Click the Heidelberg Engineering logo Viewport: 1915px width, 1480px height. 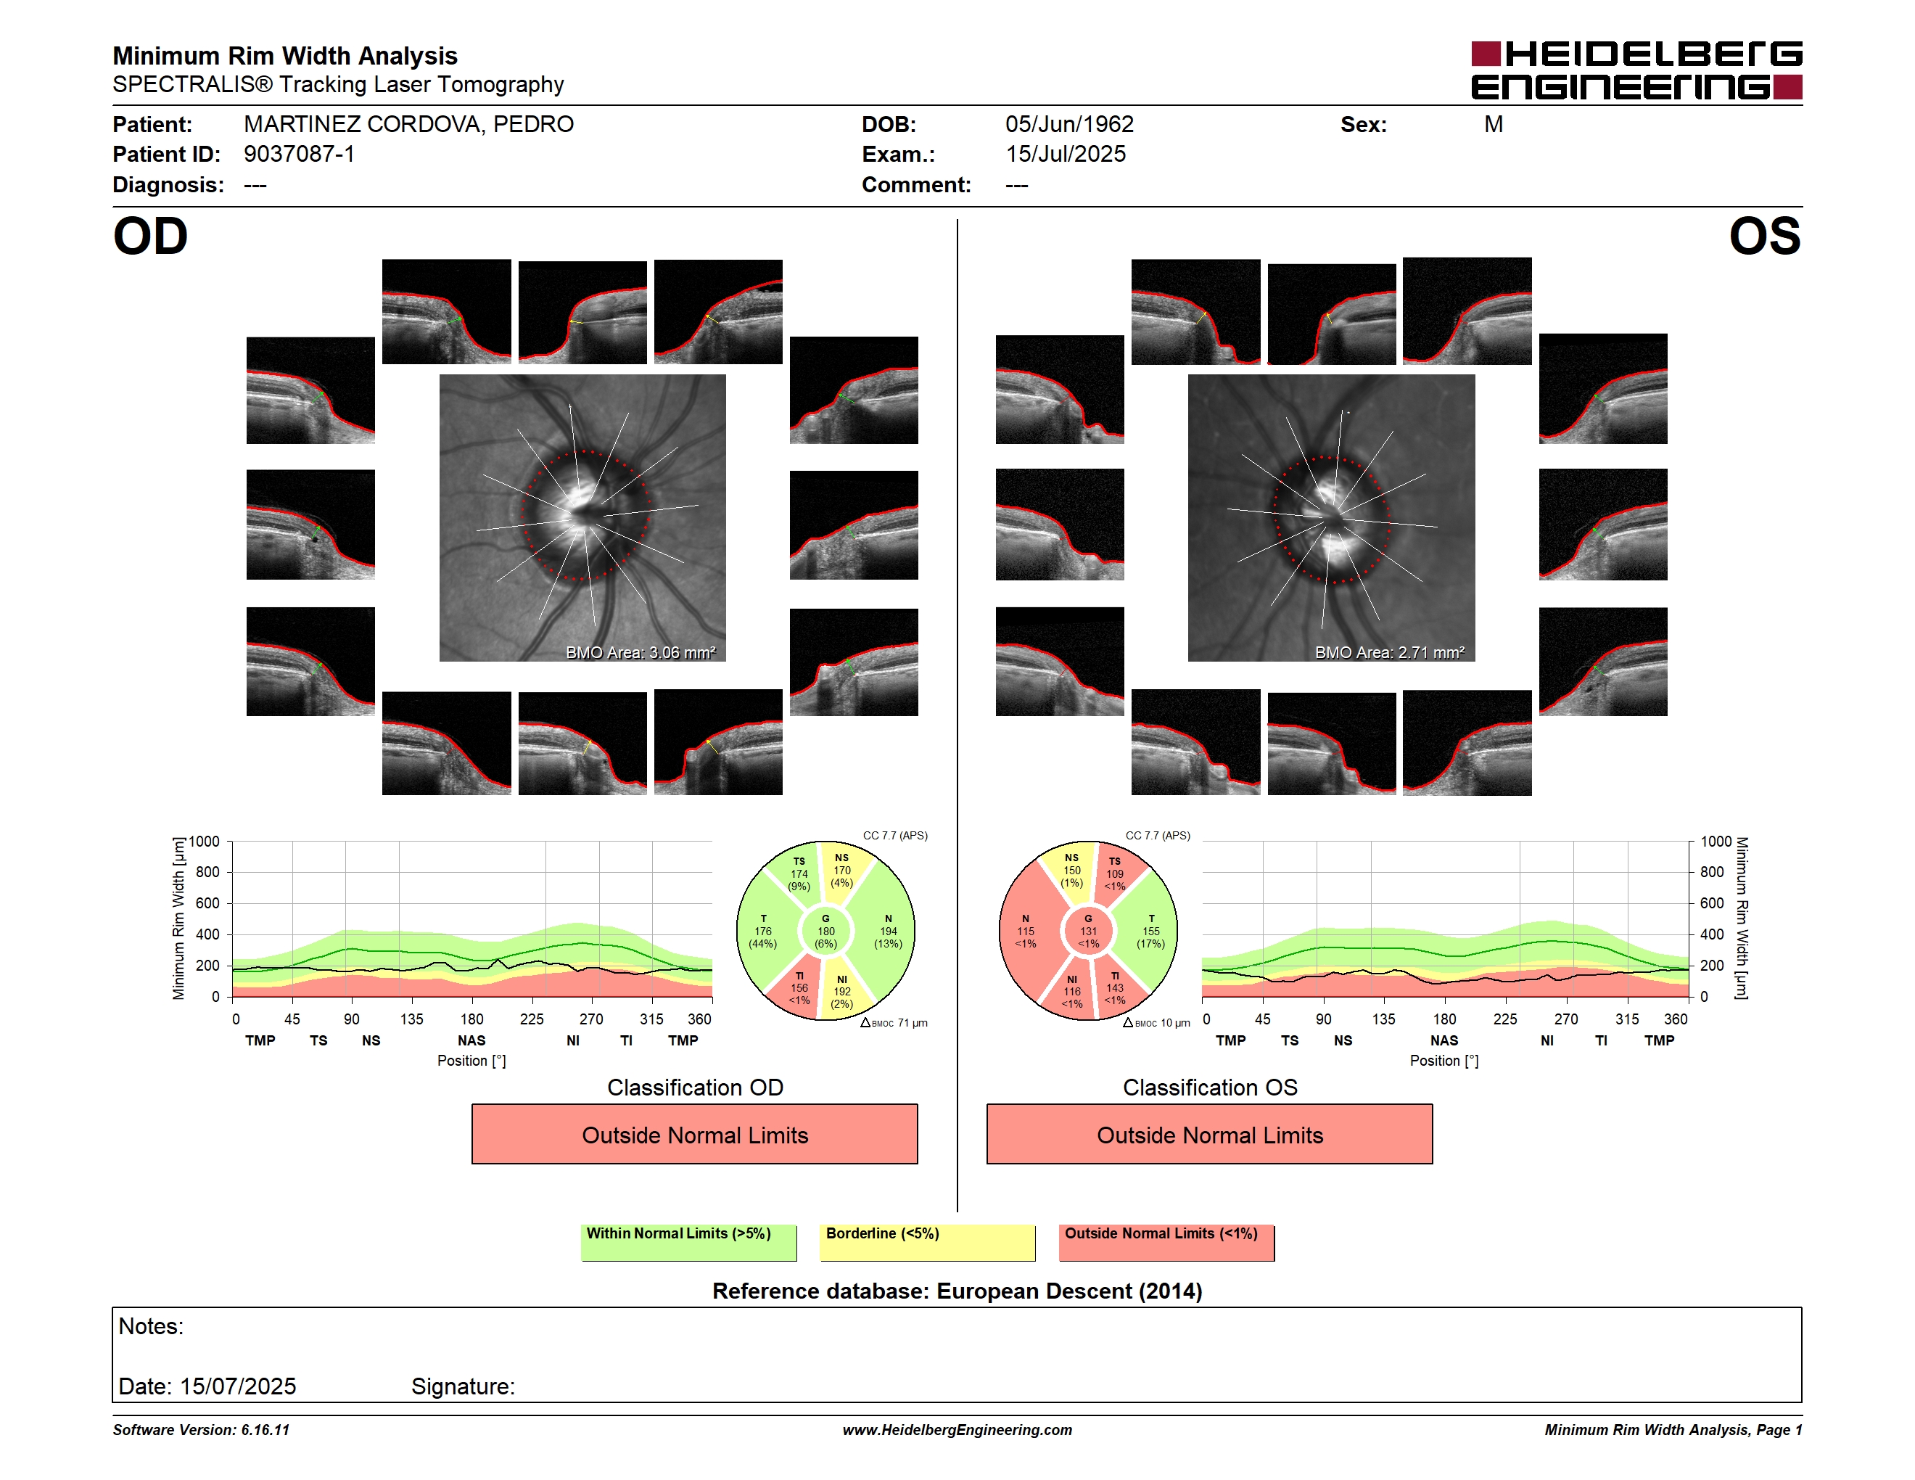(1636, 70)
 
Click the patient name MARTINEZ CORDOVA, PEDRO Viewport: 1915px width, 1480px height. (408, 125)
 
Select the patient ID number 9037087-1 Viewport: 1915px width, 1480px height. (299, 155)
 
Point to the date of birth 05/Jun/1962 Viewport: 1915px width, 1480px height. (1069, 125)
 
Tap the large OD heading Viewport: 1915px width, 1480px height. (150, 237)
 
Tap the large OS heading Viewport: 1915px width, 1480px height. (1764, 237)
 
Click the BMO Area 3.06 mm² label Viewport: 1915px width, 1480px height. (640, 652)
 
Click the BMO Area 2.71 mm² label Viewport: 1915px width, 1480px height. (1389, 652)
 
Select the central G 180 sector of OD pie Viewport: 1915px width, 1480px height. (825, 931)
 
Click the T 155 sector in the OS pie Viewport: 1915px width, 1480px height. (1149, 931)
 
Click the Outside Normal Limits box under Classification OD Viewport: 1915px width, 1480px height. (694, 1135)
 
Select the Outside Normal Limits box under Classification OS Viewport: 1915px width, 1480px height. (1209, 1135)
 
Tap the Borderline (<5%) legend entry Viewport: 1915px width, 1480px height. (927, 1242)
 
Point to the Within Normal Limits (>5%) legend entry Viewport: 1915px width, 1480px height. (688, 1242)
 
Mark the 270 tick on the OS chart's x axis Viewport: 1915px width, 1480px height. (1566, 1019)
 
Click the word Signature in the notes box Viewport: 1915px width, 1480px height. (462, 1386)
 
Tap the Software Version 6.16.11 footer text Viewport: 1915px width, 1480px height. (201, 1430)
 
